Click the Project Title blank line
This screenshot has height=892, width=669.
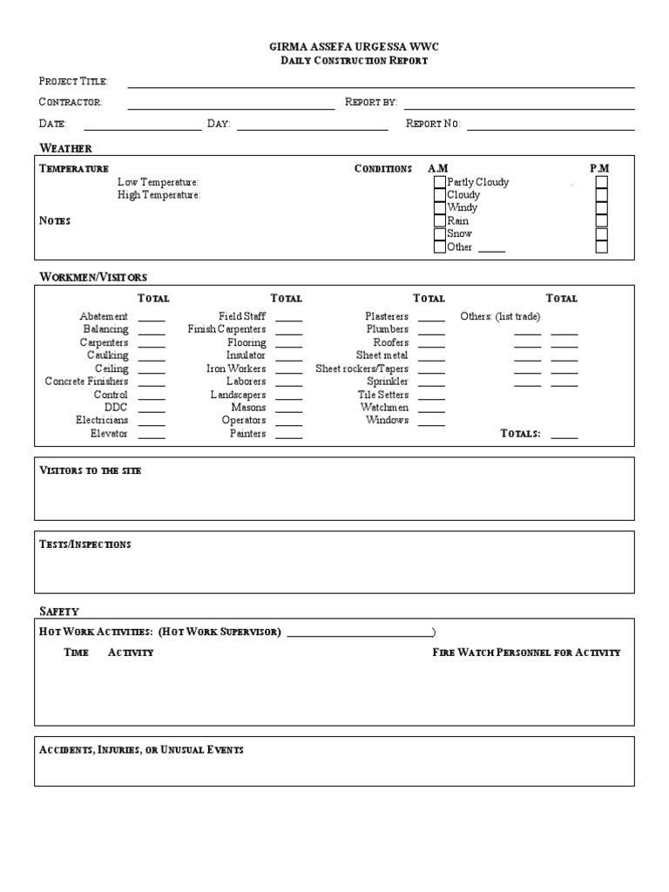[x=381, y=85]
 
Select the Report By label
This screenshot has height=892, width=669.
[x=371, y=102]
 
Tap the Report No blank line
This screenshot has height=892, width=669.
[x=551, y=128]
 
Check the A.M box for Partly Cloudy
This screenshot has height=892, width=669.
[x=439, y=182]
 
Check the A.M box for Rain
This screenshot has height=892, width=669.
[x=439, y=221]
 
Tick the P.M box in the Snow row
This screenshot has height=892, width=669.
[x=601, y=234]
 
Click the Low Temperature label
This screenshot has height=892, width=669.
[x=159, y=182]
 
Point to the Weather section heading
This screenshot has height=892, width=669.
[x=65, y=148]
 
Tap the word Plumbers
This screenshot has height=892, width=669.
[x=387, y=329]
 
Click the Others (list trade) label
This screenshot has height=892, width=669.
[x=500, y=316]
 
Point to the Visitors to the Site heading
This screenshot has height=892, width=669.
[x=91, y=470]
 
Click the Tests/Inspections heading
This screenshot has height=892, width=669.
[x=85, y=544]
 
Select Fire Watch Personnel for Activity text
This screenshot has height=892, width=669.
[x=526, y=652]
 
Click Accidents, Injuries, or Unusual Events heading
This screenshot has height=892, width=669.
[x=141, y=750]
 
